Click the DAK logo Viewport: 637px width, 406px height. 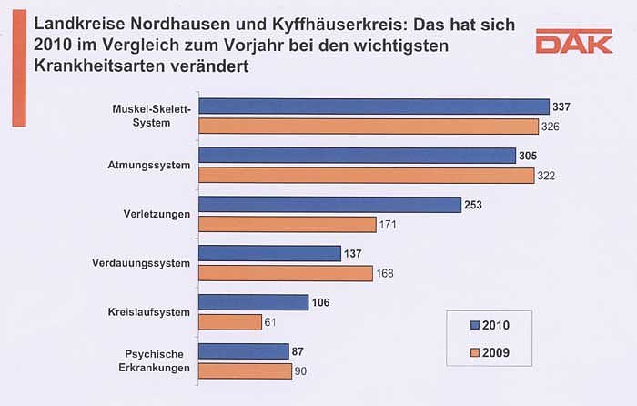(x=573, y=42)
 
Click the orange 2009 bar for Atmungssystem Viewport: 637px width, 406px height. (x=366, y=175)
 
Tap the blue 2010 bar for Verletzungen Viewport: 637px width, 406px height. (x=329, y=206)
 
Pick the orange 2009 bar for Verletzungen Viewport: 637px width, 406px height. (x=287, y=224)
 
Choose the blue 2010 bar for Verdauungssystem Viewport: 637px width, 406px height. (x=269, y=254)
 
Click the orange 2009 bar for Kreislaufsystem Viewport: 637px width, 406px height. (x=230, y=321)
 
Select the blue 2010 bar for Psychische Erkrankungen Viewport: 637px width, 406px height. (x=243, y=351)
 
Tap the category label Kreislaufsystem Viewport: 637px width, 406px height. (x=149, y=312)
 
